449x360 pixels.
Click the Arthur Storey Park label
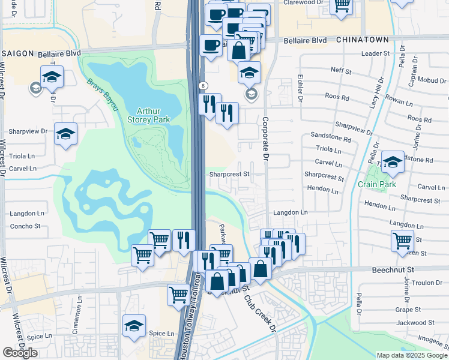click(153, 115)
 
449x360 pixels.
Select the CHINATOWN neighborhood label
click(362, 39)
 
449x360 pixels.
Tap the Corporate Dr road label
click(264, 137)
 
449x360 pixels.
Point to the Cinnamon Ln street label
click(78, 310)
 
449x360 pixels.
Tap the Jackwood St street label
click(420, 323)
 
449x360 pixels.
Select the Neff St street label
click(341, 70)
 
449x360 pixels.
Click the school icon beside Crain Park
click(393, 163)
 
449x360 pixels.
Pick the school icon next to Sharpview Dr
click(66, 134)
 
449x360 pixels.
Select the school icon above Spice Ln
click(134, 326)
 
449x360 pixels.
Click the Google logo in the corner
click(20, 353)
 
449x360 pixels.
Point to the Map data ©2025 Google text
click(411, 355)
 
